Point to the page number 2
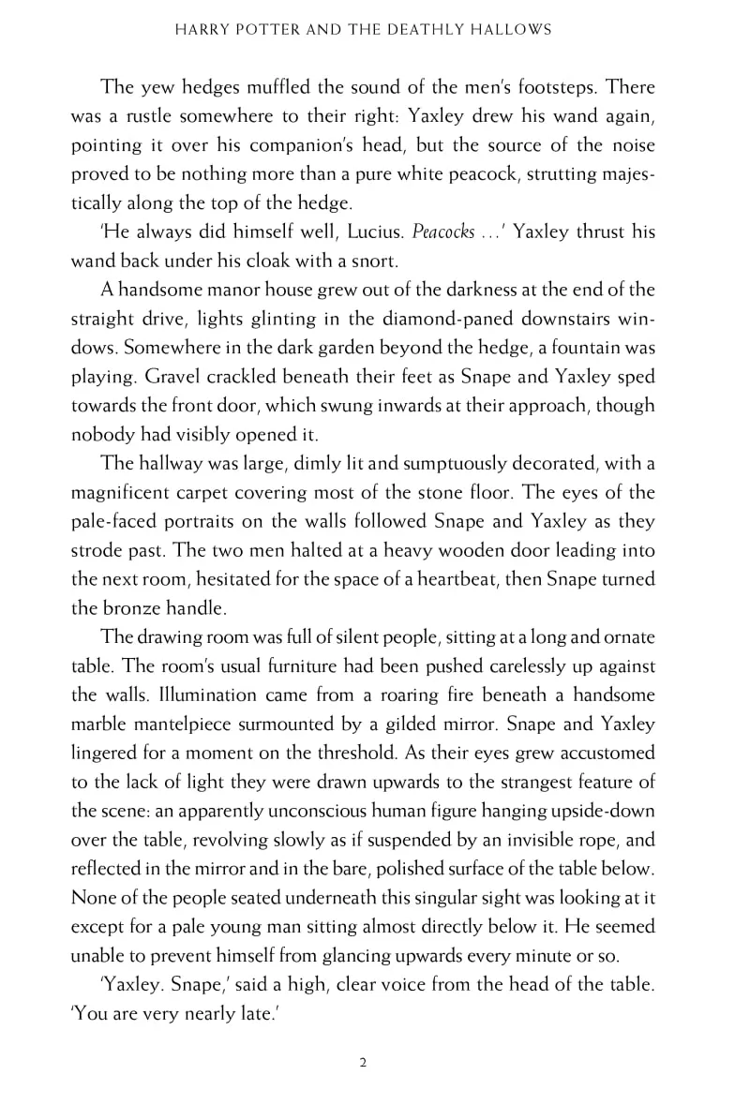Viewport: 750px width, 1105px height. [362, 1061]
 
